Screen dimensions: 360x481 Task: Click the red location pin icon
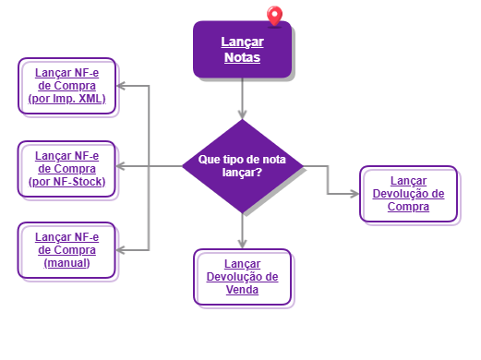click(273, 16)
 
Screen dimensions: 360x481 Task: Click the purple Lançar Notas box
click(242, 50)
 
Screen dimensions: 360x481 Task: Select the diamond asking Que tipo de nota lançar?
click(242, 165)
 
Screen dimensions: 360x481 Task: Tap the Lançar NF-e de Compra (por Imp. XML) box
click(69, 86)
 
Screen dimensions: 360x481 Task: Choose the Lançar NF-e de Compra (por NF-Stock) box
click(69, 169)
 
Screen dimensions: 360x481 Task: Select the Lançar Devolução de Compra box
click(408, 194)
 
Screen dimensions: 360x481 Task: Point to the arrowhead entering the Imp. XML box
click(125, 86)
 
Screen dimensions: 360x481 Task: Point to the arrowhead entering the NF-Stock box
click(125, 167)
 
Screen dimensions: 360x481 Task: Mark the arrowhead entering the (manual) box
click(125, 249)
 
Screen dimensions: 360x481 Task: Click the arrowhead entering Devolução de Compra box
click(355, 194)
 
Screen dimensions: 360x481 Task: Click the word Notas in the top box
click(242, 58)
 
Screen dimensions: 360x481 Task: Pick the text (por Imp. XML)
click(69, 98)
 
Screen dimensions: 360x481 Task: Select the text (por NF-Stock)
click(69, 181)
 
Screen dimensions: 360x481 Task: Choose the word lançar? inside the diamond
click(242, 172)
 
